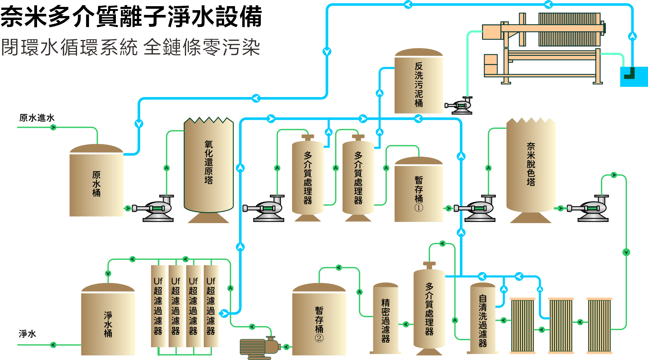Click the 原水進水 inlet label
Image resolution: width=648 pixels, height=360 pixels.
click(x=37, y=118)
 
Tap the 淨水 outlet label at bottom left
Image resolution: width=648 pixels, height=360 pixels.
click(x=27, y=333)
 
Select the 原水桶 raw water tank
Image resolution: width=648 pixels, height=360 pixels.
click(x=96, y=183)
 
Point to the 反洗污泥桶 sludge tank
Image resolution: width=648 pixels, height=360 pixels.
click(x=418, y=84)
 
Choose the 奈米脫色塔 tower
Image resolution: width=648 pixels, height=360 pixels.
click(x=531, y=165)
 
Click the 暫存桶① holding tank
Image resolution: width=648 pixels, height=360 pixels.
click(x=418, y=191)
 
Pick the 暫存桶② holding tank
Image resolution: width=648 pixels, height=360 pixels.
click(x=319, y=321)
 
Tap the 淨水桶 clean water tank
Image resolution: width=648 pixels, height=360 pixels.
click(x=108, y=321)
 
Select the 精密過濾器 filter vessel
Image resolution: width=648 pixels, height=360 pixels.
click(x=385, y=320)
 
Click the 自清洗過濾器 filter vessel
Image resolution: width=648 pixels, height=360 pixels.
click(x=482, y=320)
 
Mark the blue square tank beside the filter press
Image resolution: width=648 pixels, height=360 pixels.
click(x=633, y=77)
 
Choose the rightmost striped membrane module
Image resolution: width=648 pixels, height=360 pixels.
click(x=599, y=325)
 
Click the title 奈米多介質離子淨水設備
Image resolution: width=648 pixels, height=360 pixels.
click(x=131, y=16)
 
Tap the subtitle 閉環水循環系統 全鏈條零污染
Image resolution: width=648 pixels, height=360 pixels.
click(x=131, y=47)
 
